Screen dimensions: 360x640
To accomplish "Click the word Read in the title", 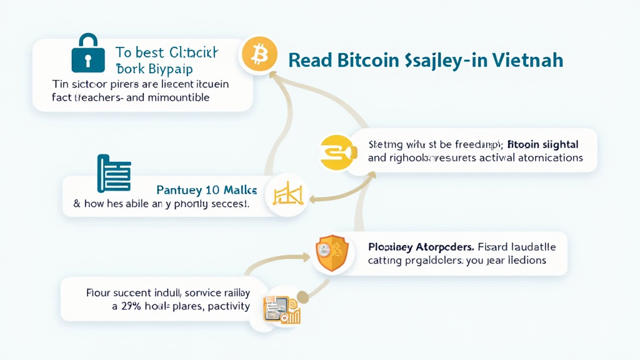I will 310,61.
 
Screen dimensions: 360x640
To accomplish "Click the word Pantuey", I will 179,188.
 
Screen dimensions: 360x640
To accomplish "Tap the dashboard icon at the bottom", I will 282,309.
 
